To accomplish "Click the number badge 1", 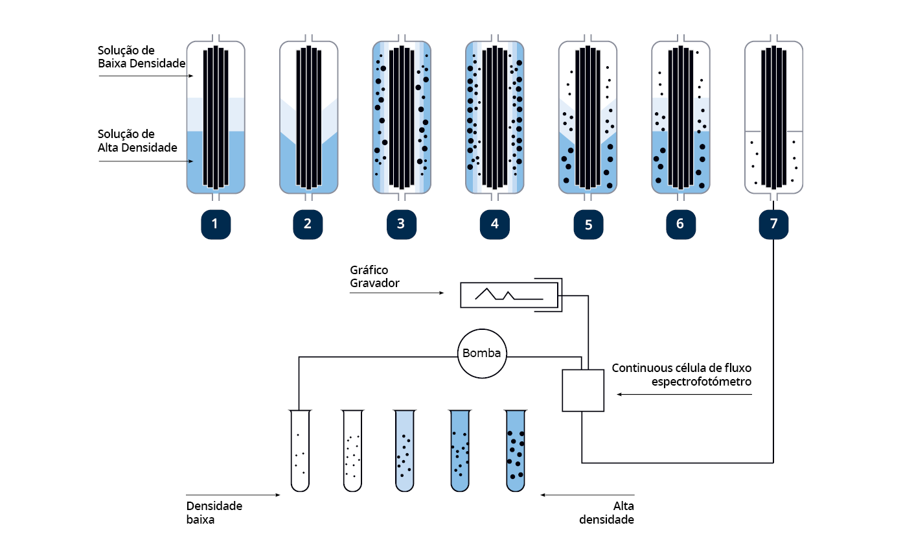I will point(216,224).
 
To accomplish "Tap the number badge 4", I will point(495,224).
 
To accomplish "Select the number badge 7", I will point(773,224).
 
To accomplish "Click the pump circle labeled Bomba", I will point(482,354).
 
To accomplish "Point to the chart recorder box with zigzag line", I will point(509,295).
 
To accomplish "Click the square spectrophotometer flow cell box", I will point(583,390).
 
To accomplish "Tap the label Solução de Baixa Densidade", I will point(141,56).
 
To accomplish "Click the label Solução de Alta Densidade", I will point(137,141).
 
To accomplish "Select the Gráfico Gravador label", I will point(374,276).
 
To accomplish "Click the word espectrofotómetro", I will point(702,382).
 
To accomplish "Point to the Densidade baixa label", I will point(214,512).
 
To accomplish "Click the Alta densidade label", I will point(607,512).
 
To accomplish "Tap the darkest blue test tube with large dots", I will point(516,450).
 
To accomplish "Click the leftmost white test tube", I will point(300,450).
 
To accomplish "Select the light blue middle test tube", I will point(404,450).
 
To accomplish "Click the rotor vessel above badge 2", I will point(308,117).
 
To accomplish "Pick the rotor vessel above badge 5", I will point(588,117).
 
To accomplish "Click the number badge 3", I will point(401,224).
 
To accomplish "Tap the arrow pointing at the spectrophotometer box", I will point(683,394).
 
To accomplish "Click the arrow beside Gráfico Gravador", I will point(396,293).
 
